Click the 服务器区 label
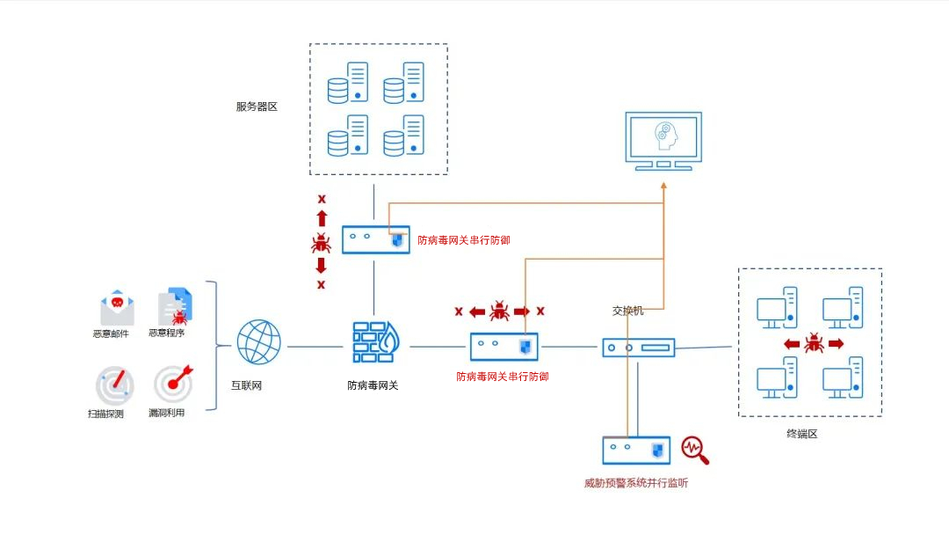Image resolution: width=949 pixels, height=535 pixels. click(257, 106)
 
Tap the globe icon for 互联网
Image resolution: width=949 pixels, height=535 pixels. click(259, 342)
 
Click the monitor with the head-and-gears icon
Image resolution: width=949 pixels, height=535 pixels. click(663, 140)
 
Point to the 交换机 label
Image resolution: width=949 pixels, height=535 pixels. click(628, 311)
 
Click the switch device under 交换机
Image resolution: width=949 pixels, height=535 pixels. click(639, 348)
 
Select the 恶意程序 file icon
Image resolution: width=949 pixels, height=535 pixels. click(175, 306)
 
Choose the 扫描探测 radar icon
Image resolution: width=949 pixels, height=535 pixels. click(116, 385)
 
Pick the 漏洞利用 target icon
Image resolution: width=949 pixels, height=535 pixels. click(173, 384)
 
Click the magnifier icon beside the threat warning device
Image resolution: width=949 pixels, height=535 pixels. click(694, 450)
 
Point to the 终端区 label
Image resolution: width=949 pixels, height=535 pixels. click(801, 434)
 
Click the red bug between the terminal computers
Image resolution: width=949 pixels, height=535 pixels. click(814, 342)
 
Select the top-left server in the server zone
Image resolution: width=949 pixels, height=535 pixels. click(347, 83)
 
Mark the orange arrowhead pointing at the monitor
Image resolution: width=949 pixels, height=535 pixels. click(663, 185)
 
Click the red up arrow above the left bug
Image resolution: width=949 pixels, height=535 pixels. click(322, 218)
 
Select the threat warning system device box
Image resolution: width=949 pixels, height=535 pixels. click(636, 451)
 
